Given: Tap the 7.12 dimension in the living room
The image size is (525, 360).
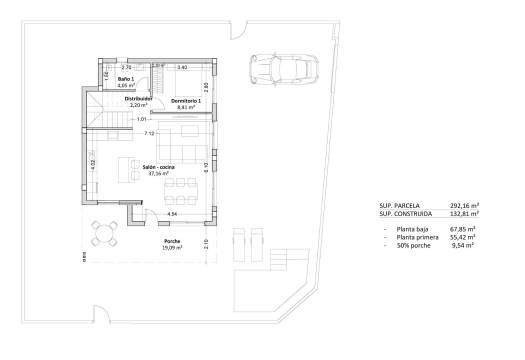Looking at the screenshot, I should click(x=148, y=133).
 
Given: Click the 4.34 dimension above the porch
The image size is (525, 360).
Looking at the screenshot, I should click(x=171, y=214).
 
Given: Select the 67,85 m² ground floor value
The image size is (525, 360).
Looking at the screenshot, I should click(x=461, y=229).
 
